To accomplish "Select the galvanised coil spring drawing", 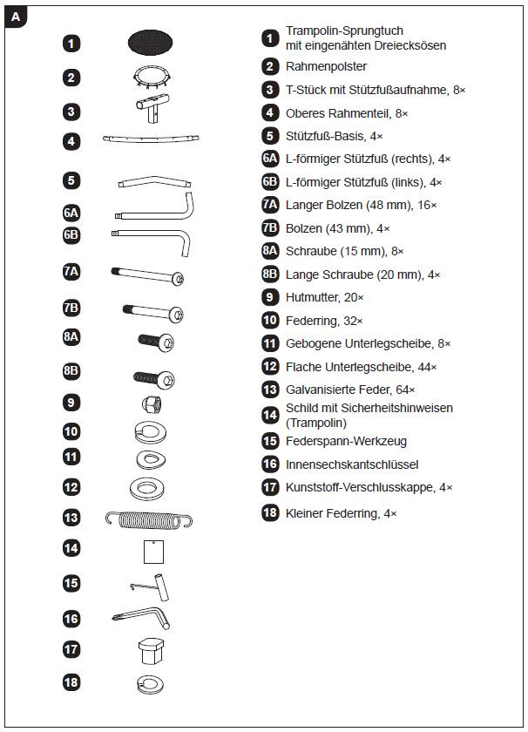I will pyautogui.click(x=148, y=518).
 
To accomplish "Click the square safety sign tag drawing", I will pyautogui.click(x=154, y=552).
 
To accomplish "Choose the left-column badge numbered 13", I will pyautogui.click(x=71, y=518).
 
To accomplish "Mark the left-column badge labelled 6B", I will pyautogui.click(x=71, y=234).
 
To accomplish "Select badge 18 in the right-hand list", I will pyautogui.click(x=270, y=513).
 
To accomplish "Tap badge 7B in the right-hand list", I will pyautogui.click(x=270, y=228).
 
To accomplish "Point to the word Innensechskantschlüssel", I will pyautogui.click(x=352, y=464).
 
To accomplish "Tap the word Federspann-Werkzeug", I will pyautogui.click(x=346, y=442).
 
